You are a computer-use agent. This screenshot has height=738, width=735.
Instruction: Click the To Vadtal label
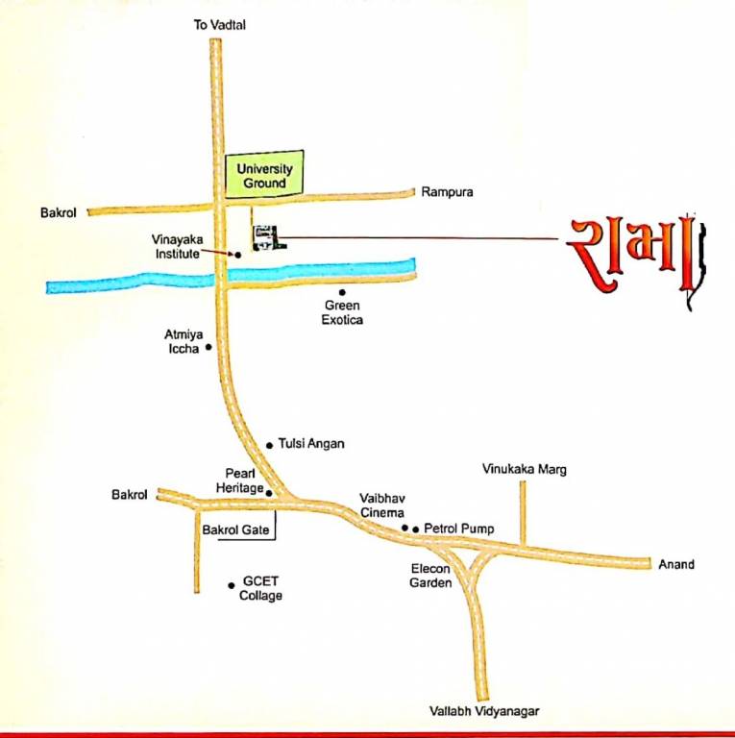[x=220, y=25]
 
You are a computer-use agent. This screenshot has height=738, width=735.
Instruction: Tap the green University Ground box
[x=263, y=175]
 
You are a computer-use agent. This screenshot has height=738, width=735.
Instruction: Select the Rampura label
[x=447, y=192]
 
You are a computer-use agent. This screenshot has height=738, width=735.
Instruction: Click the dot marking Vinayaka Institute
[x=238, y=254]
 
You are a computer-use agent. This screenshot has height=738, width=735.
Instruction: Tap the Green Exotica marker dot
[x=341, y=292]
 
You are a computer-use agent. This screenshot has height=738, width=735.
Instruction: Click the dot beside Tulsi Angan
[x=269, y=445]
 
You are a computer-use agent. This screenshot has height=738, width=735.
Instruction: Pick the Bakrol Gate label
[x=236, y=529]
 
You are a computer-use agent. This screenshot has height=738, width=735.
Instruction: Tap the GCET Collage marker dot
[x=232, y=584]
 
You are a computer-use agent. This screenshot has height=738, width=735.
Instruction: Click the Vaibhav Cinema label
[x=382, y=505]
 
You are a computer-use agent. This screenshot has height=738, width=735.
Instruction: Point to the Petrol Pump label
[x=459, y=529]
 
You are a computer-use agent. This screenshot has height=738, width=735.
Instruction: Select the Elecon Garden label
[x=430, y=576]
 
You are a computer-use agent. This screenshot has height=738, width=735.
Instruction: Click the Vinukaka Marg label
[x=524, y=470]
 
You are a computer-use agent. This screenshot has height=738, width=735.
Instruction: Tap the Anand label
[x=675, y=564]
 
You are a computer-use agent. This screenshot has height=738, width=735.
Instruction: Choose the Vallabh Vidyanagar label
[x=484, y=711]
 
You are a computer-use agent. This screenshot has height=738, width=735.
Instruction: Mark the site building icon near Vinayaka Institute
[x=263, y=237]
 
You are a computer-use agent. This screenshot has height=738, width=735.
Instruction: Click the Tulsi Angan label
[x=310, y=444]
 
